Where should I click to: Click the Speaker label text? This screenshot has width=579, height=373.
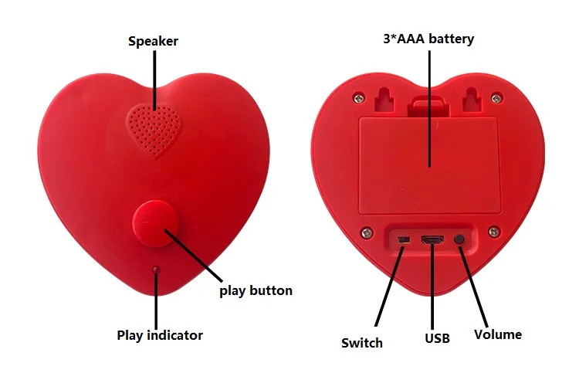coord(153,41)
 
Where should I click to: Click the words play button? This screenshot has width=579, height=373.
coord(256,290)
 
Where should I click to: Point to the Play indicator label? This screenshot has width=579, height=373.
coord(160,335)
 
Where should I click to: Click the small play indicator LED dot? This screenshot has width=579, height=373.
coord(156,270)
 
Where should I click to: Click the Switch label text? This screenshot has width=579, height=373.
coord(361,342)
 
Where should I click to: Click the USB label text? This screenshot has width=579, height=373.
coord(437,337)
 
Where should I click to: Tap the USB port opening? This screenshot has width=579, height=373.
coord(432,239)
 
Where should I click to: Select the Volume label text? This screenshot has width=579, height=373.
coord(498,334)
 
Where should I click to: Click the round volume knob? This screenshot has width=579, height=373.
coord(461,239)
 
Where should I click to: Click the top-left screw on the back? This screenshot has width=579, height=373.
coord(357,97)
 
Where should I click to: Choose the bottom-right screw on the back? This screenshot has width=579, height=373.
coord(492,229)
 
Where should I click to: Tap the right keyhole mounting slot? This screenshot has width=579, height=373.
coord(472,97)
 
